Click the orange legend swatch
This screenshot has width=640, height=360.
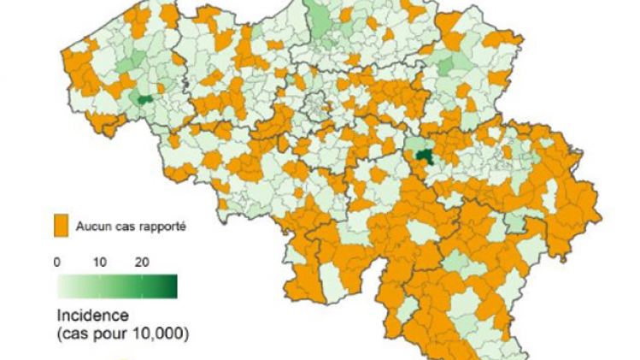[61, 227]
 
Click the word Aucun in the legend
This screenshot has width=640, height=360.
[92, 227]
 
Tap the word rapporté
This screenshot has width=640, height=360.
[161, 227]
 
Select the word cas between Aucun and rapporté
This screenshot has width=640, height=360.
[123, 227]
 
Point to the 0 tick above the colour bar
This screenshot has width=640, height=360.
[57, 262]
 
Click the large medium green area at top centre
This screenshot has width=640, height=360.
[323, 21]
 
